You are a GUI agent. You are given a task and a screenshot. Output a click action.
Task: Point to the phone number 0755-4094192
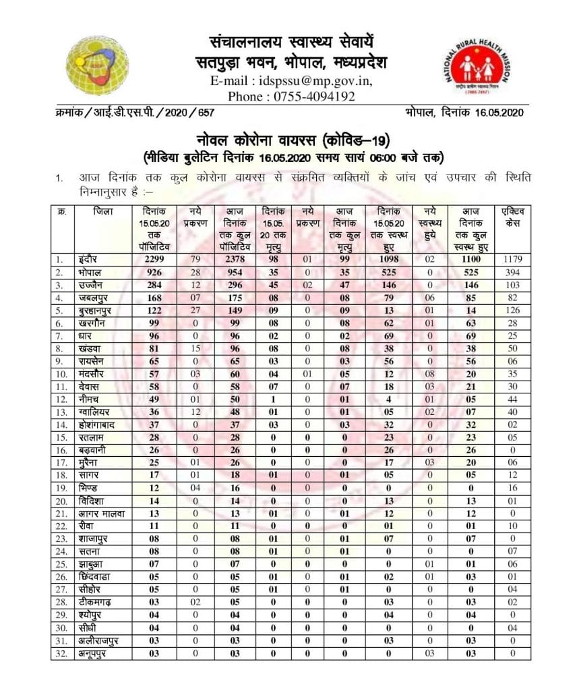tap(313, 96)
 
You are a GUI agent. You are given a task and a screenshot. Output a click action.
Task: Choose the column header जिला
tap(103, 211)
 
